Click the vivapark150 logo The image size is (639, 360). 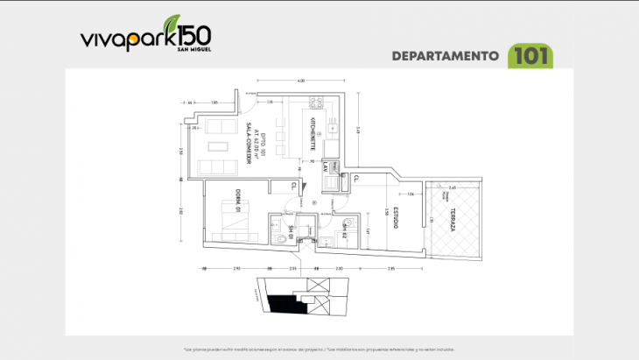[144, 37]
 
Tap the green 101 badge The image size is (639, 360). [532, 55]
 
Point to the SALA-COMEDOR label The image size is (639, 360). [248, 149]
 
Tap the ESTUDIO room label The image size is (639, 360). [396, 218]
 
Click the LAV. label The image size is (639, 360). [324, 166]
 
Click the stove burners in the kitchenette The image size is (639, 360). [316, 103]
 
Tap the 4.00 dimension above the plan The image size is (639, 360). [300, 81]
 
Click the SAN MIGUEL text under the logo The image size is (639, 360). [193, 49]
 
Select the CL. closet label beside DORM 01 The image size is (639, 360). [293, 185]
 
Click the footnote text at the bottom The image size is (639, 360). [319, 348]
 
